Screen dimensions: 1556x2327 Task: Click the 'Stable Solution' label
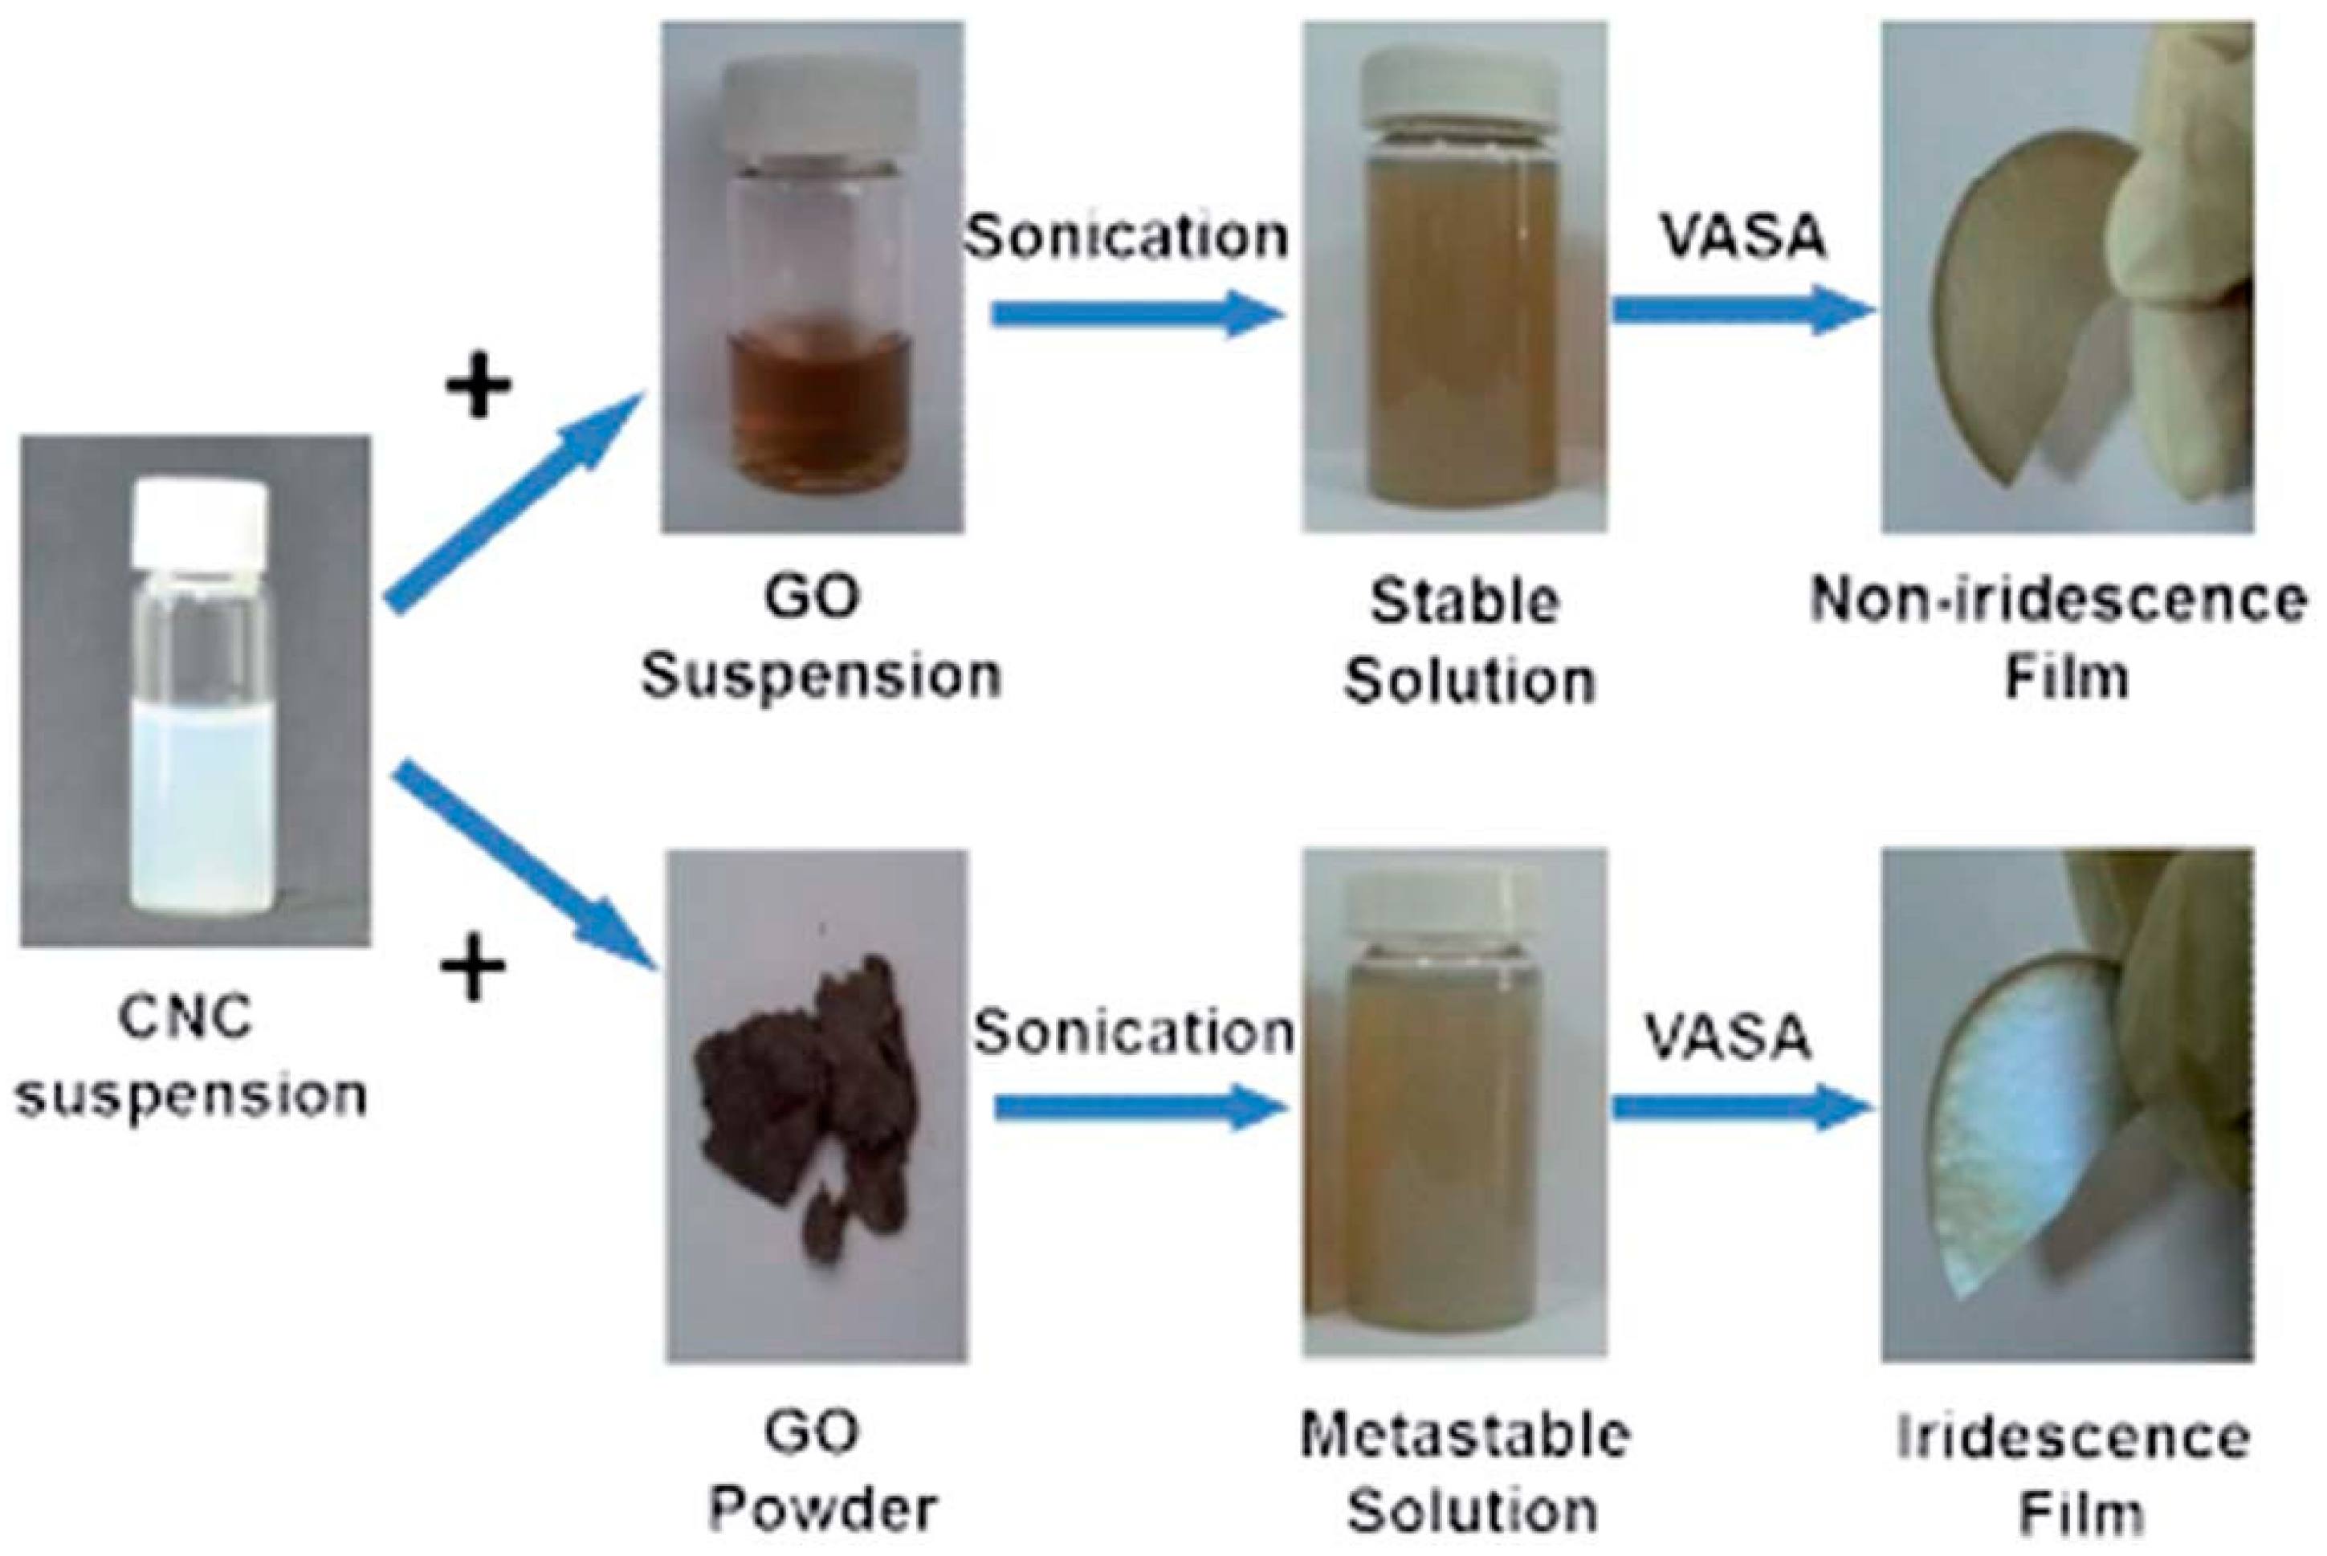[x=1467, y=641]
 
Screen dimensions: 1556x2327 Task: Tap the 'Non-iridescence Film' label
[x=2058, y=639]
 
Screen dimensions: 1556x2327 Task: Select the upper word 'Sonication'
[x=1127, y=236]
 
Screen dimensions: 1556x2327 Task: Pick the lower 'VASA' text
[x=1729, y=1037]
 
